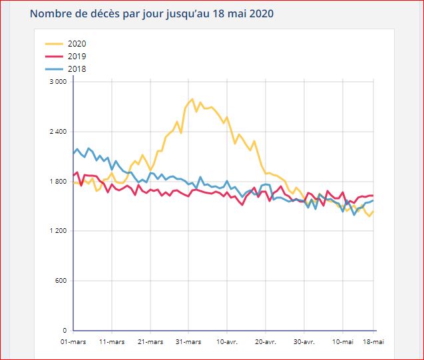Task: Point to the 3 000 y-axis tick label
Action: [x=59, y=82]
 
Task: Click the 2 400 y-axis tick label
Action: [x=59, y=132]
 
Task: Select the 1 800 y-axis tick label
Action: [x=59, y=182]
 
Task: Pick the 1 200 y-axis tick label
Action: [x=59, y=231]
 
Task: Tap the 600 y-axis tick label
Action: [x=61, y=281]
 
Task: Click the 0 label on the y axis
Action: [x=65, y=331]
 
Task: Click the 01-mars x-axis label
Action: [x=73, y=341]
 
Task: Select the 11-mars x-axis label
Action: [x=112, y=341]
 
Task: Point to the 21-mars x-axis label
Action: [x=150, y=341]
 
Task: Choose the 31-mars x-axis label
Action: [x=188, y=341]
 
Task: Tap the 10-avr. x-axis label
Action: [x=227, y=341]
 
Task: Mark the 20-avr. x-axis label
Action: [x=266, y=341]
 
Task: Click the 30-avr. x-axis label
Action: [x=304, y=341]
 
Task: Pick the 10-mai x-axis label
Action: [x=342, y=341]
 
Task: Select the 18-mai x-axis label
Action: [x=373, y=341]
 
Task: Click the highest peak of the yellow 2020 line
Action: [x=192, y=99]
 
